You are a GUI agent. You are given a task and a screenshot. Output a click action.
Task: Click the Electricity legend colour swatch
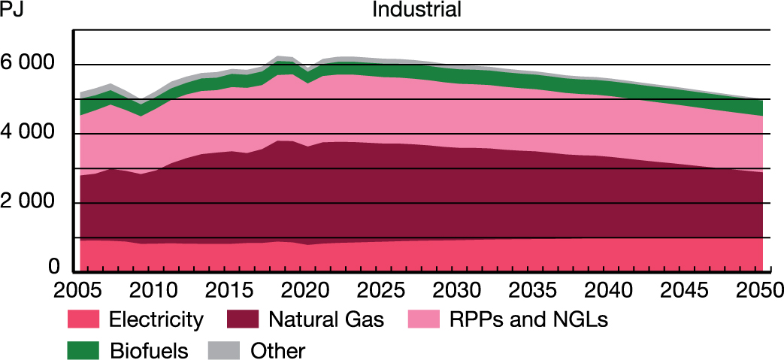tap(83, 320)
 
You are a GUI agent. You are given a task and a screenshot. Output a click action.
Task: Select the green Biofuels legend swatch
tap(83, 349)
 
